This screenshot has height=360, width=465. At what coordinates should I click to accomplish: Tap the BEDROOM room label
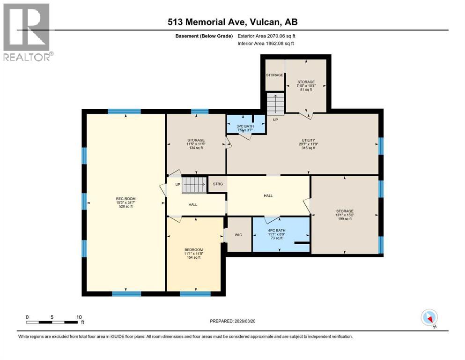click(x=193, y=249)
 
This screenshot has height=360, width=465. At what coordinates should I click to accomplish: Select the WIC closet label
click(x=238, y=234)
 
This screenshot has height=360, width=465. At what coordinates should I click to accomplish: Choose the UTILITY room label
click(x=308, y=140)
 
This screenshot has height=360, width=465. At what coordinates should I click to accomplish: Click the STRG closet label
click(x=218, y=184)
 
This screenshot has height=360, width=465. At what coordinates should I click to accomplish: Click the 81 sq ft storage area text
click(x=306, y=89)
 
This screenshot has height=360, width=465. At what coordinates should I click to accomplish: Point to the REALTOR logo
click(x=27, y=32)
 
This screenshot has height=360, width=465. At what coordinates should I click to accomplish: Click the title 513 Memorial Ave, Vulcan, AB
click(x=233, y=22)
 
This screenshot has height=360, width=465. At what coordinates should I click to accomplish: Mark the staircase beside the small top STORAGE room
click(x=275, y=104)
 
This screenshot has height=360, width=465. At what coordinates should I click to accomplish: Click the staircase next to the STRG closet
click(x=194, y=185)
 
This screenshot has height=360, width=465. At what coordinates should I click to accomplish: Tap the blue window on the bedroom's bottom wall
click(x=195, y=294)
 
